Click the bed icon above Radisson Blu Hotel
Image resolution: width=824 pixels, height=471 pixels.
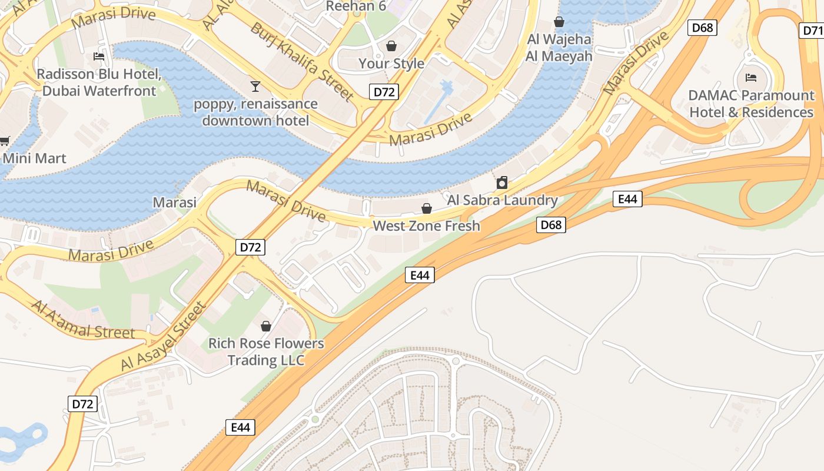(99, 57)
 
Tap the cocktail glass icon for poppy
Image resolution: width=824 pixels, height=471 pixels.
(255, 87)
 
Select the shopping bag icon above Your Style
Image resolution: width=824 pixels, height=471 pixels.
(391, 45)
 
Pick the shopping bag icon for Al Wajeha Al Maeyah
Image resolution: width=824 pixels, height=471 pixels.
(559, 22)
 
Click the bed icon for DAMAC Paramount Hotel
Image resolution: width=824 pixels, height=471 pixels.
(751, 77)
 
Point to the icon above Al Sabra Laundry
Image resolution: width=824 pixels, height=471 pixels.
(502, 183)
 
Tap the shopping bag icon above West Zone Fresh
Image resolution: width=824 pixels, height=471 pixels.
(427, 208)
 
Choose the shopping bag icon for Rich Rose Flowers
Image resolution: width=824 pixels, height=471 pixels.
(266, 326)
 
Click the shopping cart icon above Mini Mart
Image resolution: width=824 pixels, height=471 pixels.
(4, 141)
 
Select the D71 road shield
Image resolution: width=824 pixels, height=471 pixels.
(812, 31)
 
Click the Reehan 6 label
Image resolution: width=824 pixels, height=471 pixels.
(356, 6)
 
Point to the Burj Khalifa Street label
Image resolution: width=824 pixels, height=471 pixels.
(301, 61)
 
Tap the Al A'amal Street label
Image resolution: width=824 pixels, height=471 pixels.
(82, 321)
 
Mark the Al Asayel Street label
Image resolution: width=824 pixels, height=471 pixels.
(164, 337)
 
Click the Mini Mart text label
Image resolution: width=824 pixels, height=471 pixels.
(35, 158)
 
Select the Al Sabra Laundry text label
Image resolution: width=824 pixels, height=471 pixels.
(502, 200)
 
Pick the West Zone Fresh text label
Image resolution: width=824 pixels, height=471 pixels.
(427, 226)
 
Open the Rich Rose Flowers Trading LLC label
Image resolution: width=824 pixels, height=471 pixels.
(266, 351)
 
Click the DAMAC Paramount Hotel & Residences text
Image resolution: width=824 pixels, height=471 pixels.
(751, 104)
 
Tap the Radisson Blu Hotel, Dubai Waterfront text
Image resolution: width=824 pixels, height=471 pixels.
(99, 82)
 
